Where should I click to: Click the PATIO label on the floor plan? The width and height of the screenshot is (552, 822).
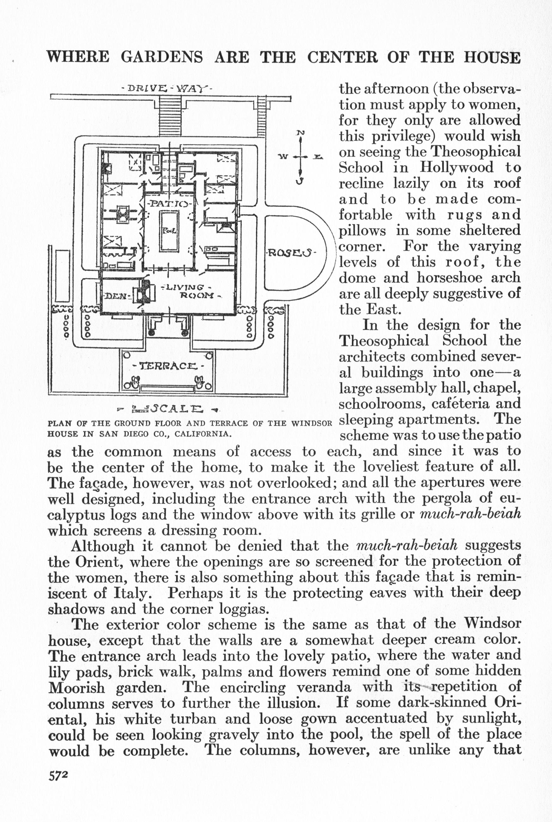pyautogui.click(x=169, y=204)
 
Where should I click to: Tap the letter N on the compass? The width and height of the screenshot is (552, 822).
pyautogui.click(x=300, y=133)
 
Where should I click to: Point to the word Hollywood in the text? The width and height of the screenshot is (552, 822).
pyautogui.click(x=456, y=167)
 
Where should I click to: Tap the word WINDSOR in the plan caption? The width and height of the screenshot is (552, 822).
pyautogui.click(x=312, y=423)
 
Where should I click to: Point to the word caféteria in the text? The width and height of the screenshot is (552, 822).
pyautogui.click(x=456, y=403)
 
